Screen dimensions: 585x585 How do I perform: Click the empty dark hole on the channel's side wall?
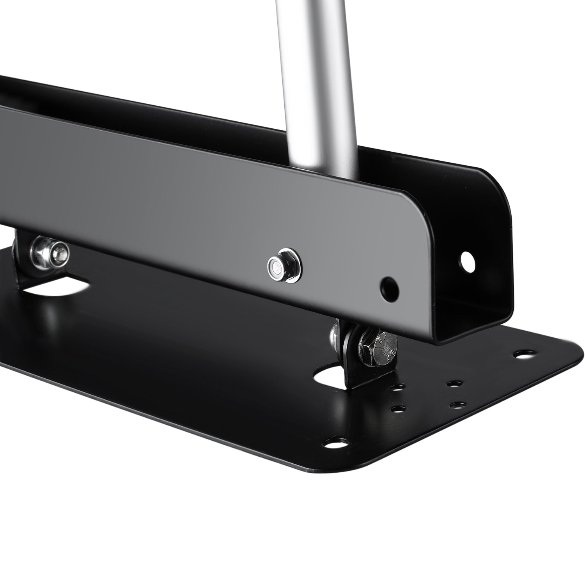click(390, 288)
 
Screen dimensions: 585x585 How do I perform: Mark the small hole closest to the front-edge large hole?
click(397, 409)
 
